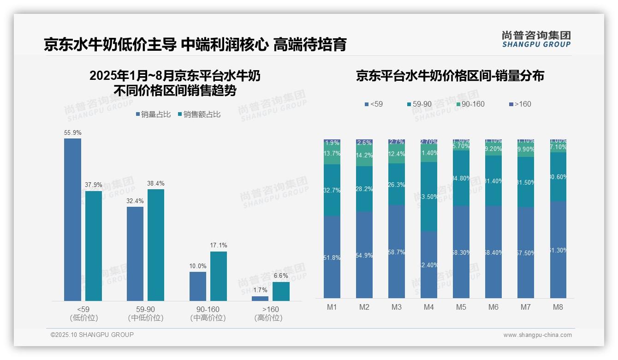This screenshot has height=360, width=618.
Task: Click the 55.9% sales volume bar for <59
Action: click(72, 220)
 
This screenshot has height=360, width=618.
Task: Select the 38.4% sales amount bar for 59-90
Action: click(155, 245)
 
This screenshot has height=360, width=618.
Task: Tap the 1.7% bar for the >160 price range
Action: click(260, 299)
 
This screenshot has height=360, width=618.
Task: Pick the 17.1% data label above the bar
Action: click(219, 246)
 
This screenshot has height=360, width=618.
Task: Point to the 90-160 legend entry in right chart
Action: click(470, 104)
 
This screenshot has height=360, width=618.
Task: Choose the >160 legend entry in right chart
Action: click(520, 104)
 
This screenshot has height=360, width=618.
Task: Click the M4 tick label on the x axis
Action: click(429, 307)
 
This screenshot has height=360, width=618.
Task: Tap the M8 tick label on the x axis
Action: click(558, 307)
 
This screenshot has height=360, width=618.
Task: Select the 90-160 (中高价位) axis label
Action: click(208, 313)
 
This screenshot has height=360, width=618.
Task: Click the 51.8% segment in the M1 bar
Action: click(332, 257)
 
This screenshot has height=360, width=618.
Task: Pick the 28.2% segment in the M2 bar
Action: click(364, 189)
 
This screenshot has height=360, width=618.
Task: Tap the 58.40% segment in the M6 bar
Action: click(493, 252)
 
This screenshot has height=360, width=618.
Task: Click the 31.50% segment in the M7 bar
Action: click(526, 182)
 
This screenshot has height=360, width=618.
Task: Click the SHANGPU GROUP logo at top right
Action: click(536, 39)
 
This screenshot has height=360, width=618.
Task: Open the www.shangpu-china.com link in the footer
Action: click(537, 335)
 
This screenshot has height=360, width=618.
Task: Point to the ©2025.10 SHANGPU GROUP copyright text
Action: click(92, 335)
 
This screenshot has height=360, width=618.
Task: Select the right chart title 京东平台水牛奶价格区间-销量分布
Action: click(450, 76)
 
